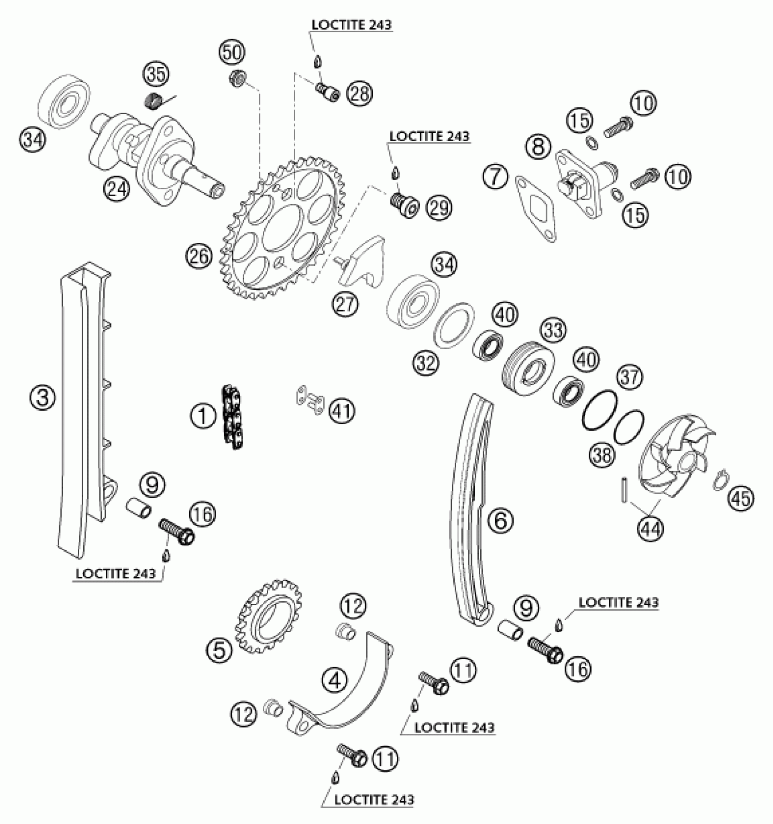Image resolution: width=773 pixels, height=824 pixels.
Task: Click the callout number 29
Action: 439,207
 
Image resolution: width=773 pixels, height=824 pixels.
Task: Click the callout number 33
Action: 553,330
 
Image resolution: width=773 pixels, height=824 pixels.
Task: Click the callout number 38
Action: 602,454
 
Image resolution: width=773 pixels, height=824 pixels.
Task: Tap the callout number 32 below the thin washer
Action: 427,362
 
